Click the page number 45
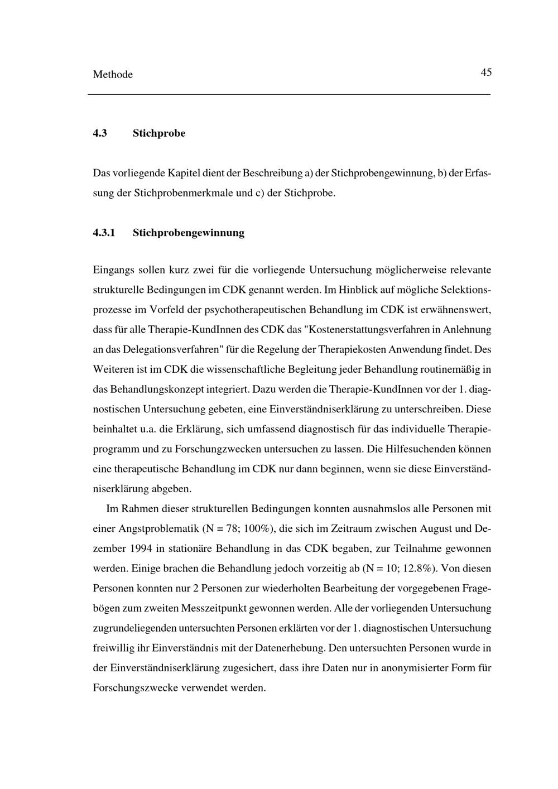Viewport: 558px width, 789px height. [x=485, y=73]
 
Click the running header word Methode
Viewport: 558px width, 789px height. [x=113, y=75]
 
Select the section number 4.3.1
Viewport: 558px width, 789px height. [x=104, y=233]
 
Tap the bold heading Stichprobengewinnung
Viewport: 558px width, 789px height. [x=189, y=233]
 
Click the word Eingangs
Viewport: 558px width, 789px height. [x=111, y=270]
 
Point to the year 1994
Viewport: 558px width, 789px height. [x=141, y=549]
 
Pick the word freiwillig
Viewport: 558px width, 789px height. [x=113, y=648]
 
